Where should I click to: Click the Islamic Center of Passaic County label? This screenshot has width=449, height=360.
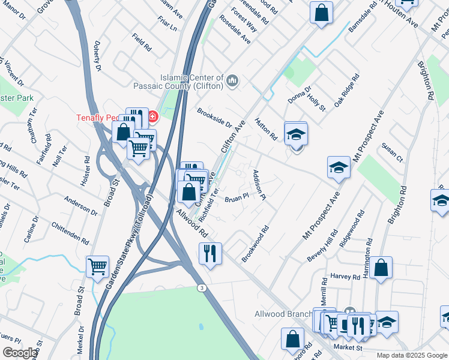point(191,82)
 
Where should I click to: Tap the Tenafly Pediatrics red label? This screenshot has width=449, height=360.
point(99,118)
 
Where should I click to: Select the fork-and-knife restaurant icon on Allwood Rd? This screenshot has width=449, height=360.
point(210,253)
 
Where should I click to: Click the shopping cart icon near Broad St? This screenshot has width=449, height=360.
point(97,266)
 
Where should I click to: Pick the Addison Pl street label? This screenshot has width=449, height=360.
point(259,184)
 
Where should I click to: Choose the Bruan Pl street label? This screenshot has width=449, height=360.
point(237,198)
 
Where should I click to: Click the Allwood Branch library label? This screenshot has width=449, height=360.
point(283,314)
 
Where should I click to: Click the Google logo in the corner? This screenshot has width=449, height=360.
point(19,353)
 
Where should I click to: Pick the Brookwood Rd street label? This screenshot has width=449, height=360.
point(255,243)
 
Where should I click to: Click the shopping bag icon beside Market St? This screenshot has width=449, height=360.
point(292,339)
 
